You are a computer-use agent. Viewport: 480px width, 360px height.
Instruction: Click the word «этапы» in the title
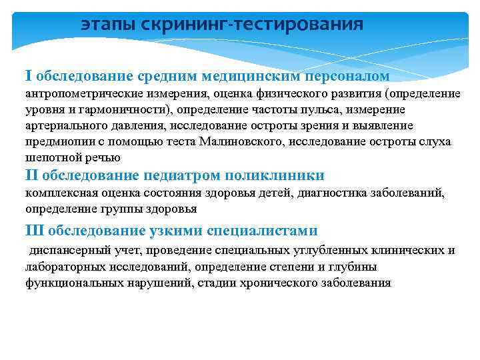105,25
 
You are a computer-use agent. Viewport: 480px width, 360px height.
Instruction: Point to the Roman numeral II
33,175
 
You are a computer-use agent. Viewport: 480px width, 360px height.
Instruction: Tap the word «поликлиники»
275,175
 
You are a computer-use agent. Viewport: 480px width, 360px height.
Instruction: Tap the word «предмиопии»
55,141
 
